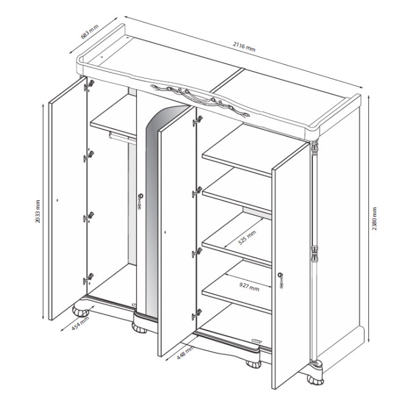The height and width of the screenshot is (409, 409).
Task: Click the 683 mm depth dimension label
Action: [89, 32]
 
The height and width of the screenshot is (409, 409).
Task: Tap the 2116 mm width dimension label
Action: [244, 47]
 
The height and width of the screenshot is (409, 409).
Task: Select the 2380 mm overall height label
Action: [374, 218]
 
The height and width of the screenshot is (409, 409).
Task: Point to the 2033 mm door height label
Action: [38, 211]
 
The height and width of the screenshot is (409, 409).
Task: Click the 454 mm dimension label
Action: [80, 323]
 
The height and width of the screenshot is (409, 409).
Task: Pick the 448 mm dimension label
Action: [185, 352]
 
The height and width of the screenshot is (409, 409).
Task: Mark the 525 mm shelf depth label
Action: [247, 237]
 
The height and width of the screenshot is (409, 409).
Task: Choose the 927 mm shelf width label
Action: [250, 287]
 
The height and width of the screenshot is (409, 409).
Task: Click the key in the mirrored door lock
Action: [141, 201]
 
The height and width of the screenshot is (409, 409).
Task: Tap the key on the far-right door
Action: [281, 281]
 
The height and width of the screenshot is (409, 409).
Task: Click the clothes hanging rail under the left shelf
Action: [122, 138]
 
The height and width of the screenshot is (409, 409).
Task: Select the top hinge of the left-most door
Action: [89, 85]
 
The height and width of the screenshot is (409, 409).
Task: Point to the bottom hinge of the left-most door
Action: [88, 279]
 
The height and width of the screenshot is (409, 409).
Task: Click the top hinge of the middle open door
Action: [197, 121]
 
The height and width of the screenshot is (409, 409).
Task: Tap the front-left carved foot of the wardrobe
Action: [80, 310]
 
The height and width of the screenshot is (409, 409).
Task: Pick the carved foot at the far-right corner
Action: [315, 380]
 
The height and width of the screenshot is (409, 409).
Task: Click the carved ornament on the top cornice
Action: [200, 99]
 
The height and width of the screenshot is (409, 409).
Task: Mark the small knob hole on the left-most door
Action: [57, 200]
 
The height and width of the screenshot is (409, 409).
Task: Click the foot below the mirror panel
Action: [139, 328]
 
